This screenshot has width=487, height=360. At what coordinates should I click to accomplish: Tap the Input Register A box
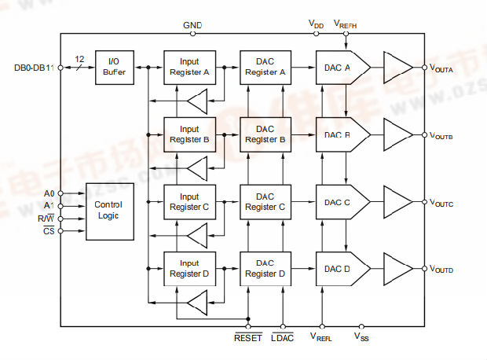coord(189,68)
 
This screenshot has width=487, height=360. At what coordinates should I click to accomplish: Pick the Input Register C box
coord(189,202)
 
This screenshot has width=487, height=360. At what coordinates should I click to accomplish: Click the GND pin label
coord(192,25)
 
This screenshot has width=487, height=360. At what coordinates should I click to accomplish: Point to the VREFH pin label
coord(346,25)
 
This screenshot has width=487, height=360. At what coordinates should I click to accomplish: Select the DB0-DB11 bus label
coord(32,68)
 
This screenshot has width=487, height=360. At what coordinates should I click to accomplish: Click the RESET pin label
coord(247,338)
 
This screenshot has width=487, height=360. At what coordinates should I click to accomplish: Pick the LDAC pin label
coord(283,338)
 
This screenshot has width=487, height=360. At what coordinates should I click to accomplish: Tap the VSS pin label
coord(361,338)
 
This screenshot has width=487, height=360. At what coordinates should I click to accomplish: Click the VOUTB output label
coord(441,136)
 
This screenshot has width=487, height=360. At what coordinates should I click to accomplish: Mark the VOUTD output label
coord(441,270)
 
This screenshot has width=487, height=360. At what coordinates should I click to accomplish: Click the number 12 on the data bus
coord(79,59)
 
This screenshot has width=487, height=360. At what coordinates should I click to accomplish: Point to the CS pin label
coord(49,231)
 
